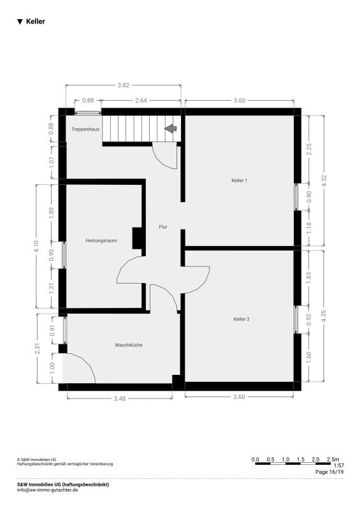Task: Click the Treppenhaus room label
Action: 85,129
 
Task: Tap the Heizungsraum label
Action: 101,241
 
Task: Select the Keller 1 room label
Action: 240,180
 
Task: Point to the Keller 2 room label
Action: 241,319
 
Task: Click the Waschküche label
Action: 129,345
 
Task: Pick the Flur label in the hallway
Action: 163,227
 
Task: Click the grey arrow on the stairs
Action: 170,129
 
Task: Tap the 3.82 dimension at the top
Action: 123,85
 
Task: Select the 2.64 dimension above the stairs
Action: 141,101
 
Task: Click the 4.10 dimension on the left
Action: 36,246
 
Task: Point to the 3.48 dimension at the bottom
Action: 120,398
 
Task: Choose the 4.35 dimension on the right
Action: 323,316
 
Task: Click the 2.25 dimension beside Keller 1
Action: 309,149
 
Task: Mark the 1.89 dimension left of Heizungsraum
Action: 51,213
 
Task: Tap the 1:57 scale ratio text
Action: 339,466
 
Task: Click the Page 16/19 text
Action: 329,472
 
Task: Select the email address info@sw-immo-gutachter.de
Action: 48,490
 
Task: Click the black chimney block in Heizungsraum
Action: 137,238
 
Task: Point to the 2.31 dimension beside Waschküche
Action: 38,349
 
